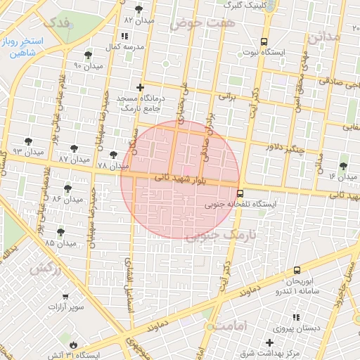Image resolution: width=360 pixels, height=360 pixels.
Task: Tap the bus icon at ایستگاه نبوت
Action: [x=264, y=41]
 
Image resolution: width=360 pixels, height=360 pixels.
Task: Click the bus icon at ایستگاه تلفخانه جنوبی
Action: [x=240, y=193]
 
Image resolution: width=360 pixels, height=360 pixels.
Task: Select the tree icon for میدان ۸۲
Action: [x=139, y=9]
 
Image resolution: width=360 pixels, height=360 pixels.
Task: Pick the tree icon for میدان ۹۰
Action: [x=88, y=55]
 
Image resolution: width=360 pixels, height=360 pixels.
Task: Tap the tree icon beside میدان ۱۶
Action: [x=342, y=166]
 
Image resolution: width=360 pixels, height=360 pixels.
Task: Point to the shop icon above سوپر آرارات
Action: [x=65, y=297]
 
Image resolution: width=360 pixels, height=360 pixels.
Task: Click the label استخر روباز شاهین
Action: [x=22, y=46]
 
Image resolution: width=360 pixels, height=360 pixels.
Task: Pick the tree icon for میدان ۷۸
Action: [x=113, y=154]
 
